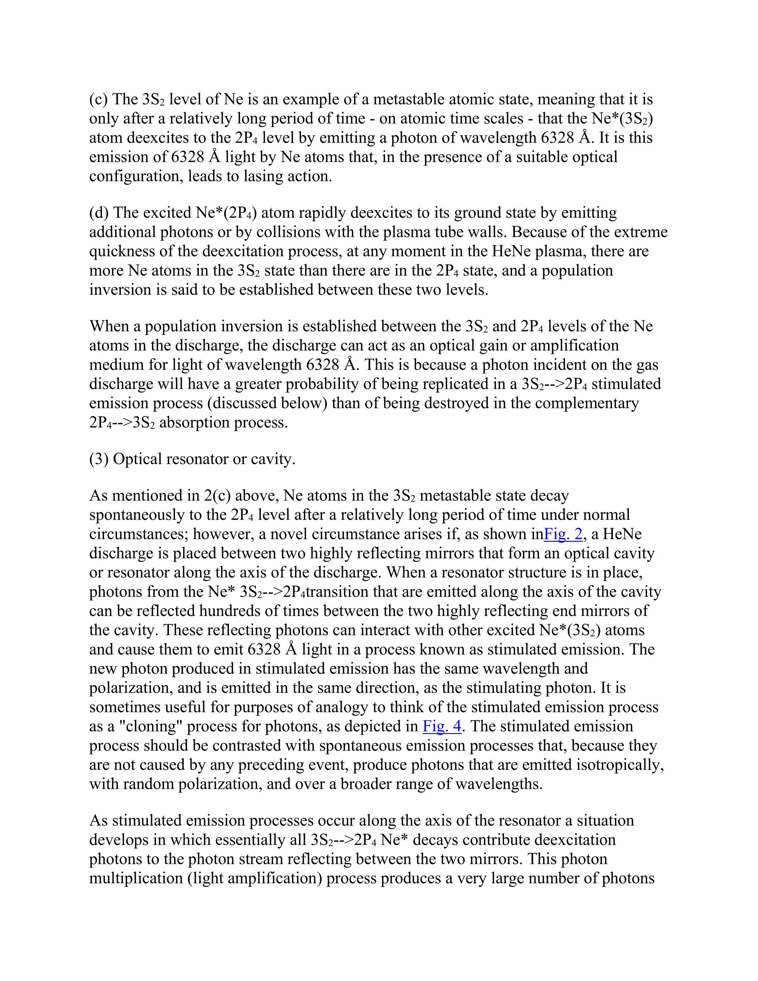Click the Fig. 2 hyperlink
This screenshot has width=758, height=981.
pyautogui.click(x=563, y=534)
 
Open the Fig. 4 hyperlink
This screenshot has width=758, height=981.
pyautogui.click(x=442, y=726)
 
